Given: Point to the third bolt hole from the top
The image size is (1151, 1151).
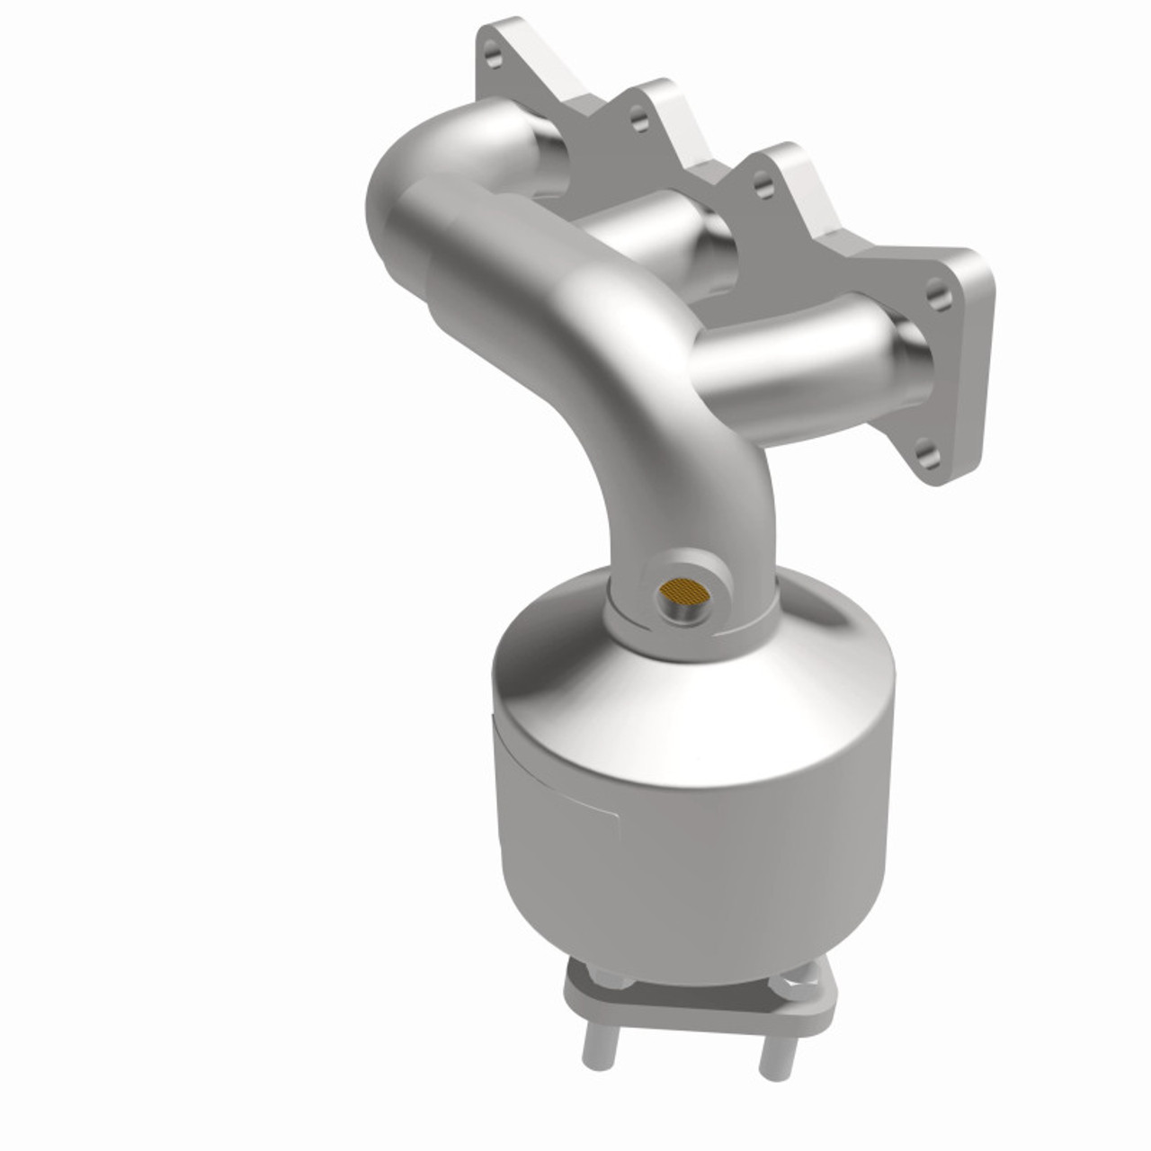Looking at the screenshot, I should (x=763, y=187).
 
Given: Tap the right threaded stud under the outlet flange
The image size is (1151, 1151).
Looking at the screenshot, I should (x=772, y=1052).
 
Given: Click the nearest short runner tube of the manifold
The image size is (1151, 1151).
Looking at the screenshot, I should (x=791, y=360).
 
